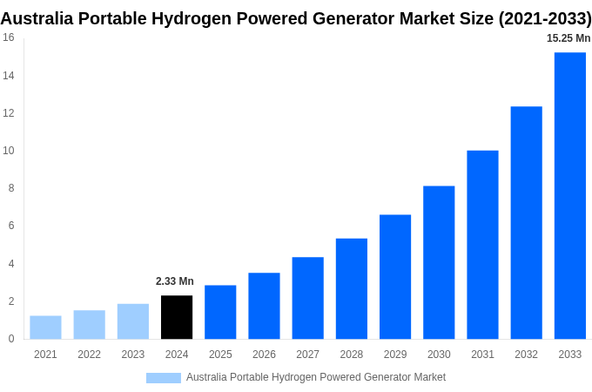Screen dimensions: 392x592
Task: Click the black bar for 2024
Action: [177, 317]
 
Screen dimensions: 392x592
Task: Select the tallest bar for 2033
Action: [570, 195]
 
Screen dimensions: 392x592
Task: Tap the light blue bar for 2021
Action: [45, 327]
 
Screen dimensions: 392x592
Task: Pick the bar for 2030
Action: [439, 262]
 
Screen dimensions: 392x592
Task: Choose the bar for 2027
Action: [307, 298]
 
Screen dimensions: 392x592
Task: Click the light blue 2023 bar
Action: [133, 321]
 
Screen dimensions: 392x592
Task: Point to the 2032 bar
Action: [526, 222]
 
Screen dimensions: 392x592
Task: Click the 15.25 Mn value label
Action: [568, 38]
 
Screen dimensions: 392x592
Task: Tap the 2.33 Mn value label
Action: [175, 281]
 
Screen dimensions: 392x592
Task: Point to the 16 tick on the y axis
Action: [8, 37]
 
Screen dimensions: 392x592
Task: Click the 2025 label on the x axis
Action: [220, 355]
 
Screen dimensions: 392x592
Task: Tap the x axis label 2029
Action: [395, 355]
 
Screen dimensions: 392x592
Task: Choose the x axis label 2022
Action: [89, 355]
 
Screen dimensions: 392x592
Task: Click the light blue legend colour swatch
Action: [164, 377]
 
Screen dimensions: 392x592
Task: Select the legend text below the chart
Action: [315, 377]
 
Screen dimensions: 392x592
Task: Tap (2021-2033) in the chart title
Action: [544, 18]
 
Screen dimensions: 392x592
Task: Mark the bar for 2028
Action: [351, 288]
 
